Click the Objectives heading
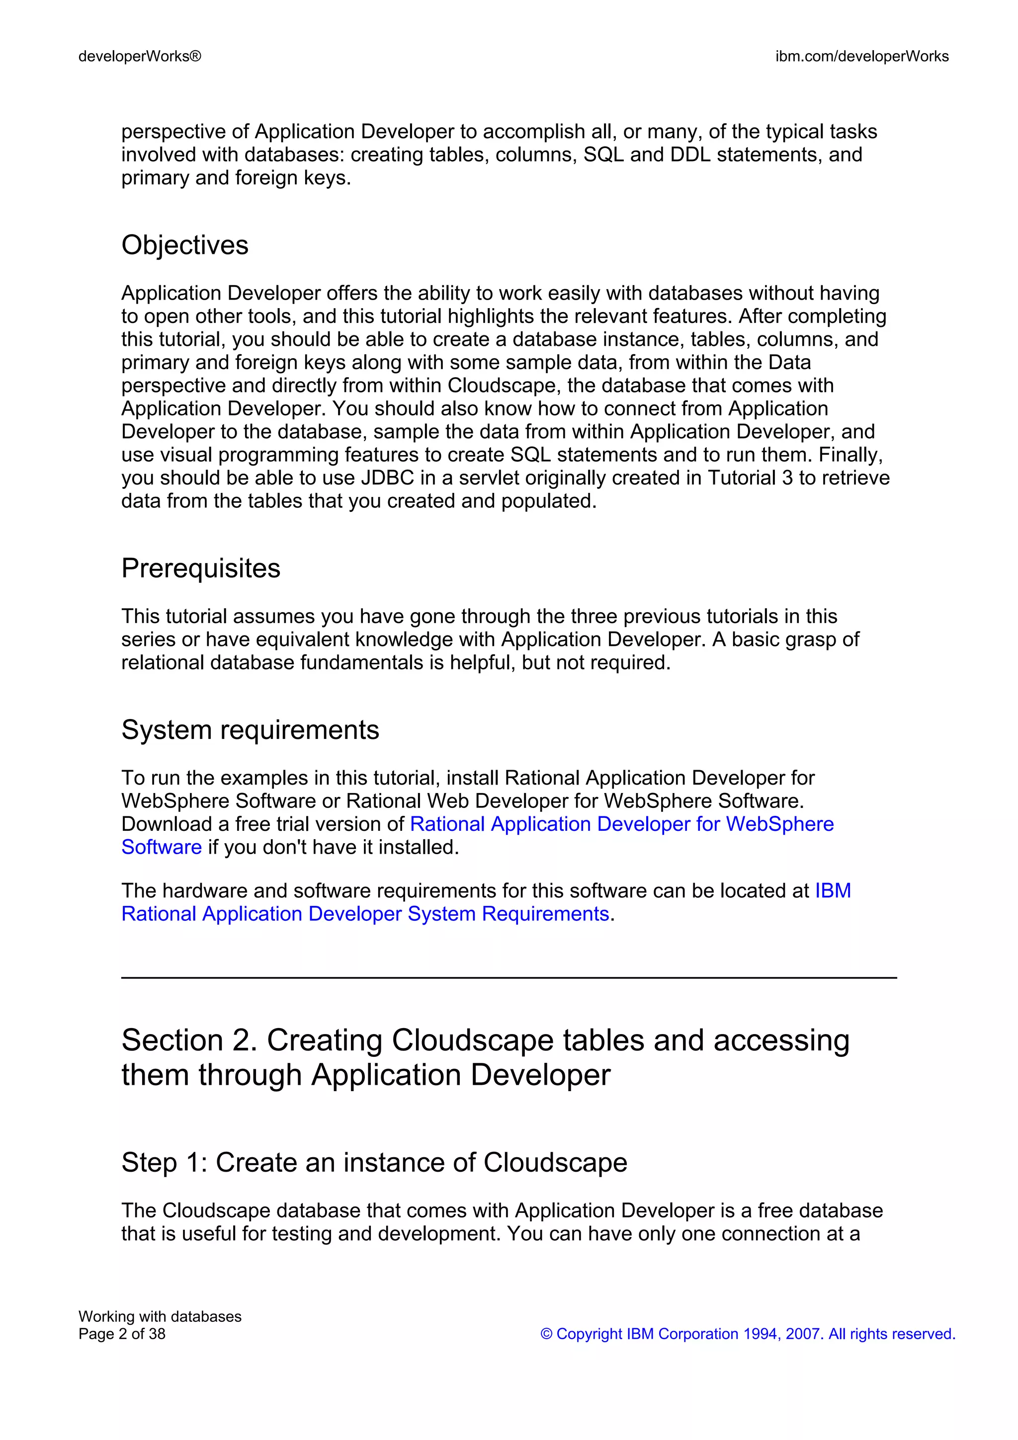click(184, 245)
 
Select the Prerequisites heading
click(201, 568)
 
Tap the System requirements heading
click(250, 730)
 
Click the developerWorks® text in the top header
click(140, 57)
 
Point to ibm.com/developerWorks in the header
click(862, 57)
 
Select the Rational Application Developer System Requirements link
click(365, 914)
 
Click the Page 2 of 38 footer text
click(122, 1334)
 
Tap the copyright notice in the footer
click(748, 1334)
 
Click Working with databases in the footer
click(160, 1316)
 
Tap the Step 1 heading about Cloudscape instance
click(374, 1162)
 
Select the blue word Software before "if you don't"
click(161, 847)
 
